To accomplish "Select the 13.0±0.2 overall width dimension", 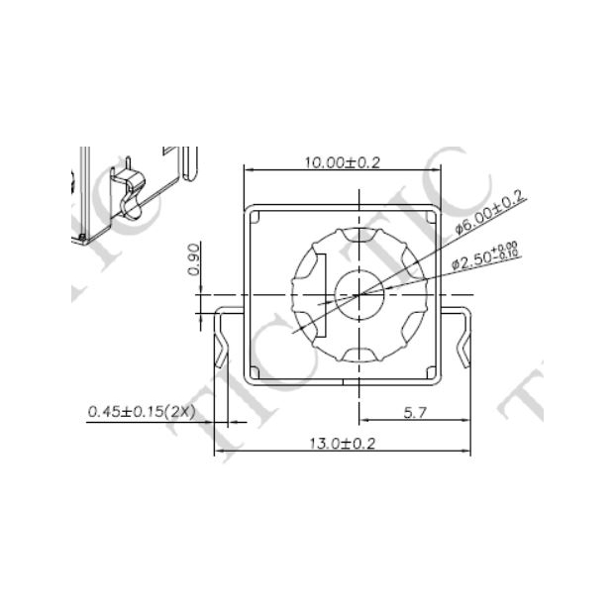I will pos(343,443).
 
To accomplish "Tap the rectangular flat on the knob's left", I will pos(317,294).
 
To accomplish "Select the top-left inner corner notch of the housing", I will pos(254,216).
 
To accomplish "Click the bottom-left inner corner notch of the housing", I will pos(255,371).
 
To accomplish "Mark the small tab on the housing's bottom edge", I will pos(343,381).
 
